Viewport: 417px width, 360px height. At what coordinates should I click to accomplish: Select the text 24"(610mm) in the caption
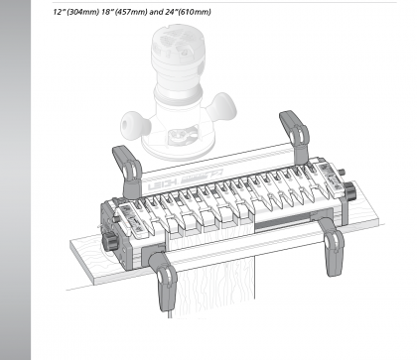(x=188, y=12)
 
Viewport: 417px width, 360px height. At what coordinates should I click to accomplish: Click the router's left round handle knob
(x=135, y=125)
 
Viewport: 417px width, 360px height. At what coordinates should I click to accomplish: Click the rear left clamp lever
(x=127, y=172)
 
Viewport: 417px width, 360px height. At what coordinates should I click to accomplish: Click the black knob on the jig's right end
(x=348, y=189)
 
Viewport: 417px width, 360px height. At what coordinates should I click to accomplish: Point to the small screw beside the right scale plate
(x=343, y=172)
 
